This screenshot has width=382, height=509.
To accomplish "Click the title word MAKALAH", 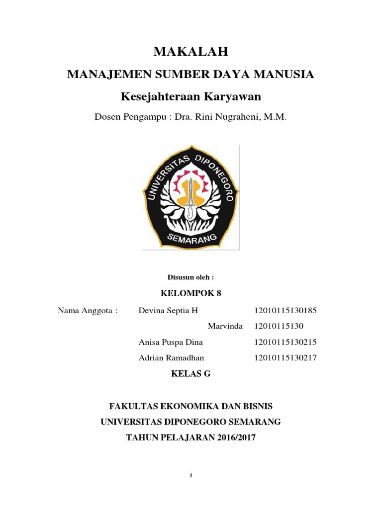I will point(191,51).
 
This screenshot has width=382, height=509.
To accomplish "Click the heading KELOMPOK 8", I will point(191,293).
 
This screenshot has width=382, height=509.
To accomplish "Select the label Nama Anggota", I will point(88,311).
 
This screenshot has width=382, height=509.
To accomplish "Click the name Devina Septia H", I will point(168,311).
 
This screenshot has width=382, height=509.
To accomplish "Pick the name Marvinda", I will point(225,327).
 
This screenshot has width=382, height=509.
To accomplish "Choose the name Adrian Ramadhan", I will point(172,357).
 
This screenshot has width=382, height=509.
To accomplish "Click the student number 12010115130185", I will point(285,311).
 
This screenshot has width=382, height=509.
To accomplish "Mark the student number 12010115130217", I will point(285,357).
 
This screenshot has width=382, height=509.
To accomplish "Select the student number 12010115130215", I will point(285,342).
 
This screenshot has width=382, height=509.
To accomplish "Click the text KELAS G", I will point(191,374).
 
